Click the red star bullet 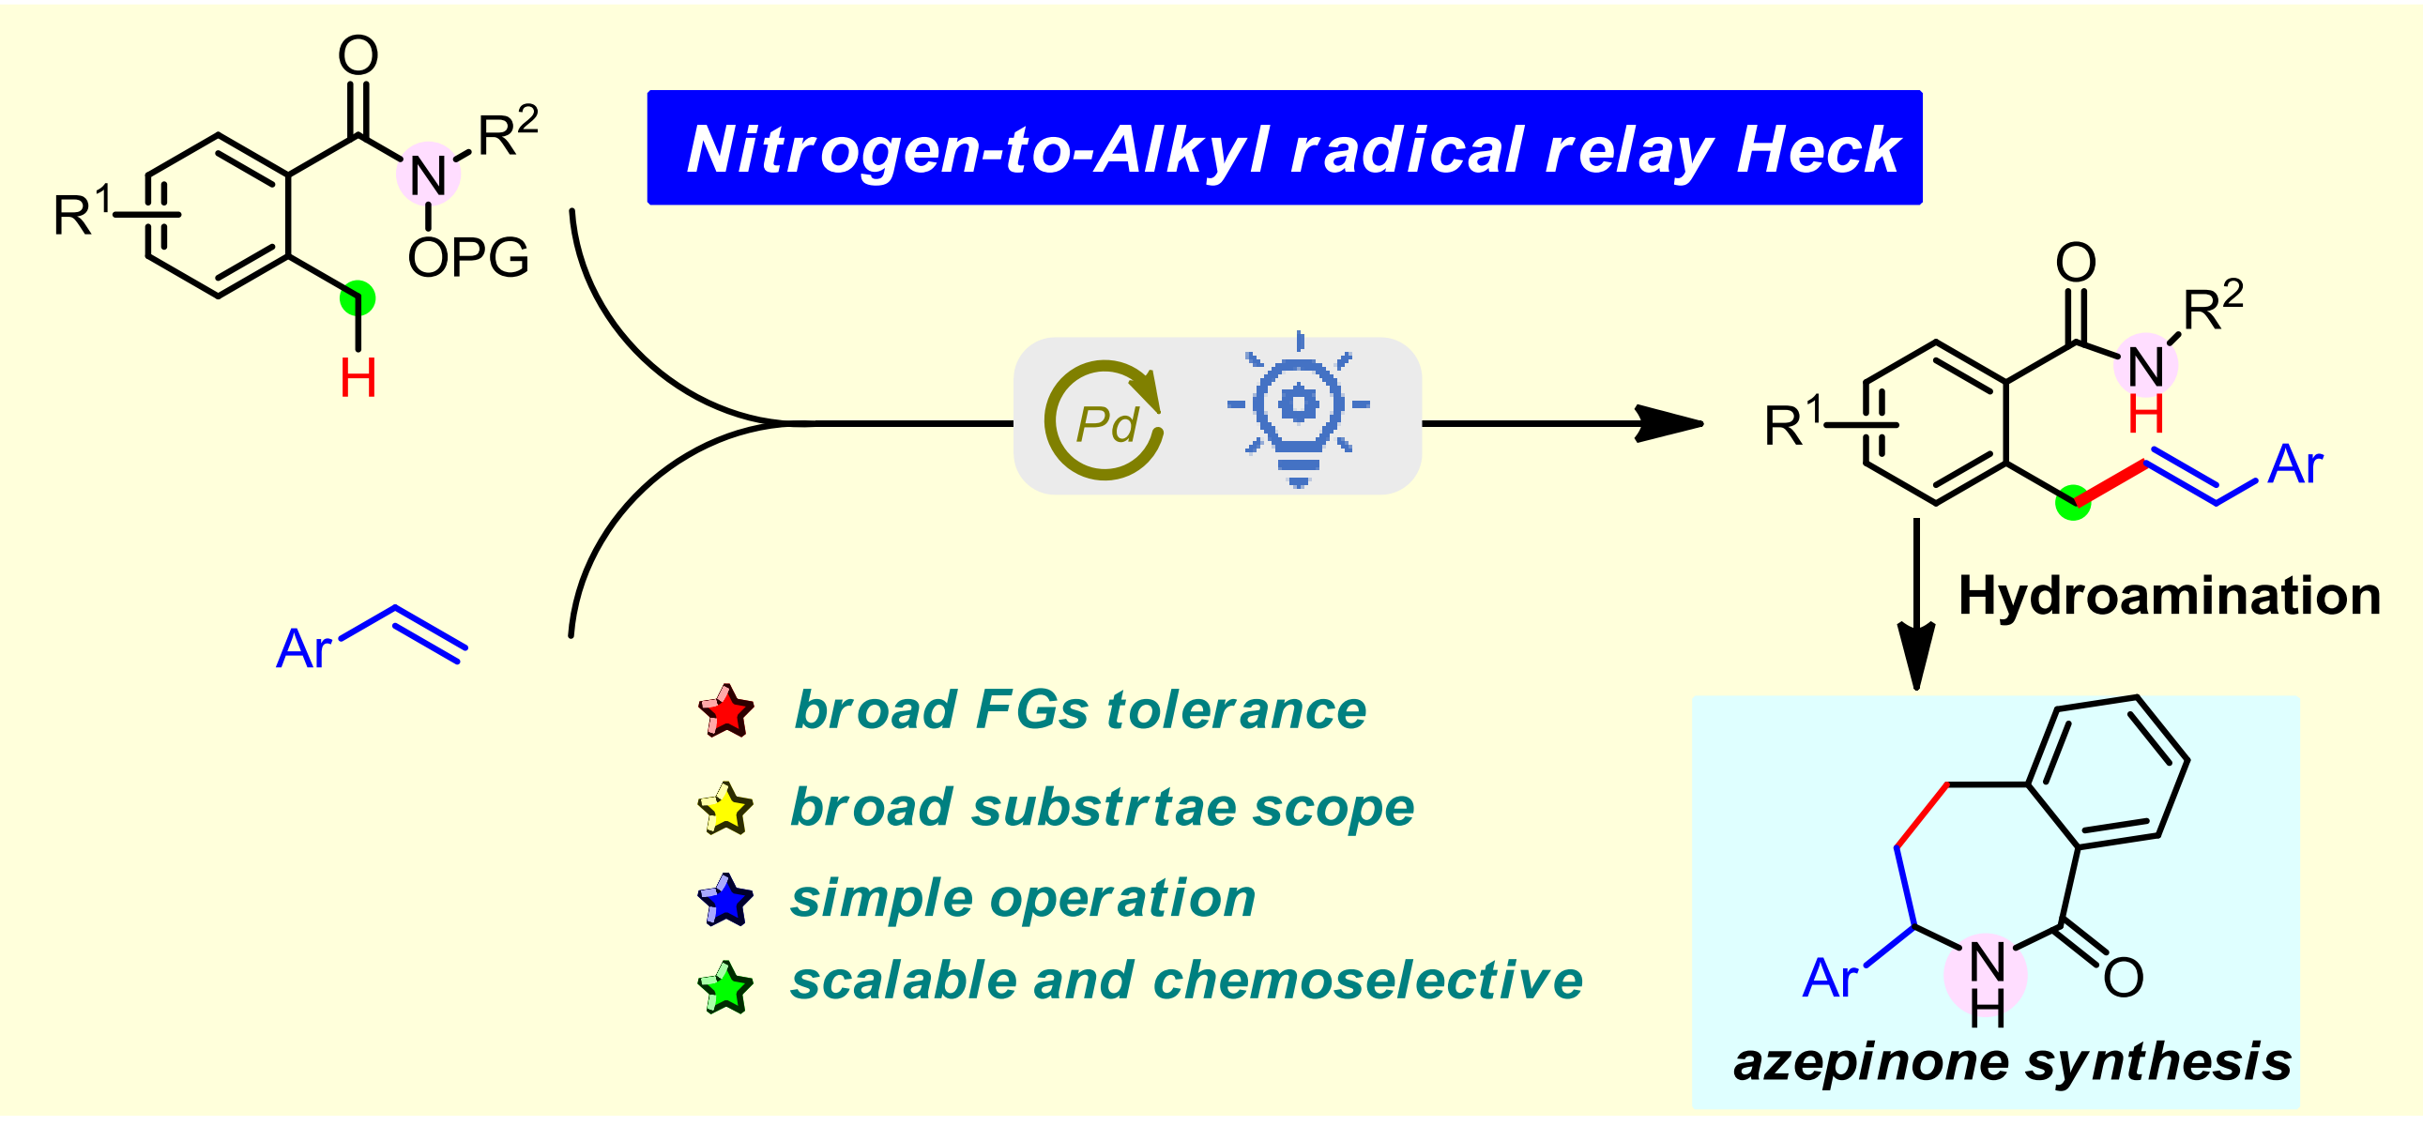726,710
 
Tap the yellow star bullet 725,809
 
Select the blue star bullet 725,900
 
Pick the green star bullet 725,987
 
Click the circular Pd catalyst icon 1105,420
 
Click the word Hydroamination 2169,596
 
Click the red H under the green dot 358,378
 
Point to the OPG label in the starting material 468,257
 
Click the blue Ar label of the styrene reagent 304,648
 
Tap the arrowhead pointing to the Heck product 1670,423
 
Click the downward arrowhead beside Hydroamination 1916,656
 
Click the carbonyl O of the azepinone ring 2123,978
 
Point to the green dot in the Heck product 2073,502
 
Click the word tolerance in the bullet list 1236,709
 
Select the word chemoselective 1367,981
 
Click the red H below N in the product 2146,414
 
